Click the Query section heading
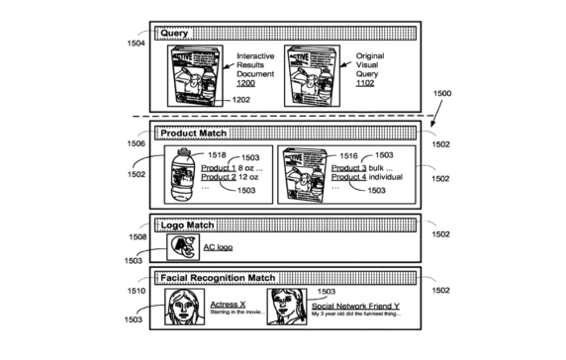point(175,34)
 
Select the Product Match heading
point(194,133)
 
